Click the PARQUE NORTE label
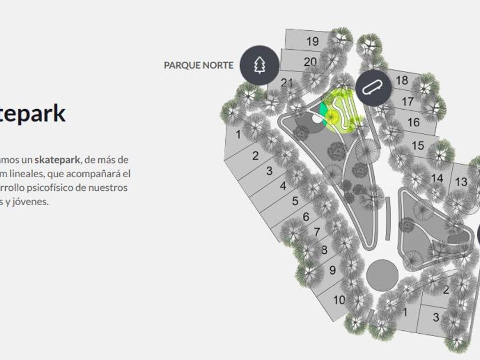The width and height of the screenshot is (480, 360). (x=198, y=65)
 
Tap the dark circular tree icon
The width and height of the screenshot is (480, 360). (x=259, y=65)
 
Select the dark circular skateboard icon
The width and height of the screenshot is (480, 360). (x=374, y=87)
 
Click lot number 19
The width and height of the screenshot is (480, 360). (x=312, y=41)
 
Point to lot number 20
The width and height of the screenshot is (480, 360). (x=310, y=62)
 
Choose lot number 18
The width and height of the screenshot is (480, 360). (x=402, y=81)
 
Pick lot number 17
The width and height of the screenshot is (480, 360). (x=407, y=102)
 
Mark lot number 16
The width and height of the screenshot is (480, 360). (x=413, y=122)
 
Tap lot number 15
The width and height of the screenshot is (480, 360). (x=418, y=146)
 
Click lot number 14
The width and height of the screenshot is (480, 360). (x=437, y=178)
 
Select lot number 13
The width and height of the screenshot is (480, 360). (x=461, y=182)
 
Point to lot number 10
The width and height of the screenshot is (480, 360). (x=339, y=299)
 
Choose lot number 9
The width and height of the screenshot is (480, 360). (x=332, y=270)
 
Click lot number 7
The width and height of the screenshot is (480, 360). (x=317, y=232)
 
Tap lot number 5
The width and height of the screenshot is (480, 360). (x=295, y=201)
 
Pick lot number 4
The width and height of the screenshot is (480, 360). (x=283, y=186)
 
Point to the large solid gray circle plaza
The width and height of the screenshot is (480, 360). (x=382, y=275)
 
